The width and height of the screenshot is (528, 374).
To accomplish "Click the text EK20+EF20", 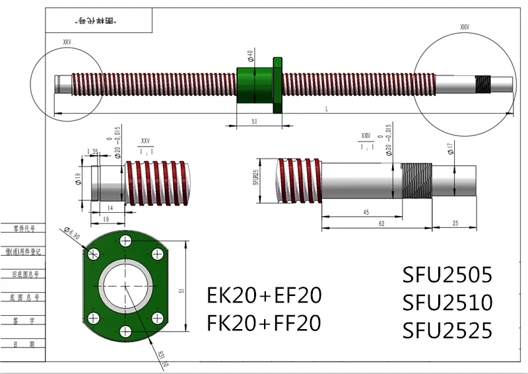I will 264,295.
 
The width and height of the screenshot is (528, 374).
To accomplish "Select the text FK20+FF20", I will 264,322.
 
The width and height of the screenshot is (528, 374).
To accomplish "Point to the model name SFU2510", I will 447,303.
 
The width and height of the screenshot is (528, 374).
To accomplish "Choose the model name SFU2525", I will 447,330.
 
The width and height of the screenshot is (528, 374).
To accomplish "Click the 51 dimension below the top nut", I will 255,120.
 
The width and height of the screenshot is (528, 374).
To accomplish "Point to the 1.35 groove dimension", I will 92,152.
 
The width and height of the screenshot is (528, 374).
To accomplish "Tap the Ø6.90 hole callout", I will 71,234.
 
